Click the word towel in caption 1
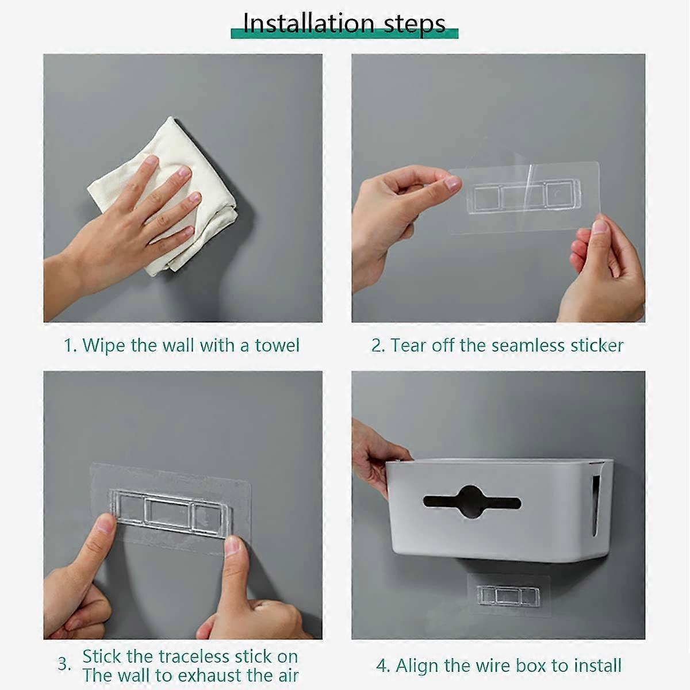click(x=277, y=346)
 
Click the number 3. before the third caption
click(x=64, y=665)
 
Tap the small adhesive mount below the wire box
click(x=508, y=595)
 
